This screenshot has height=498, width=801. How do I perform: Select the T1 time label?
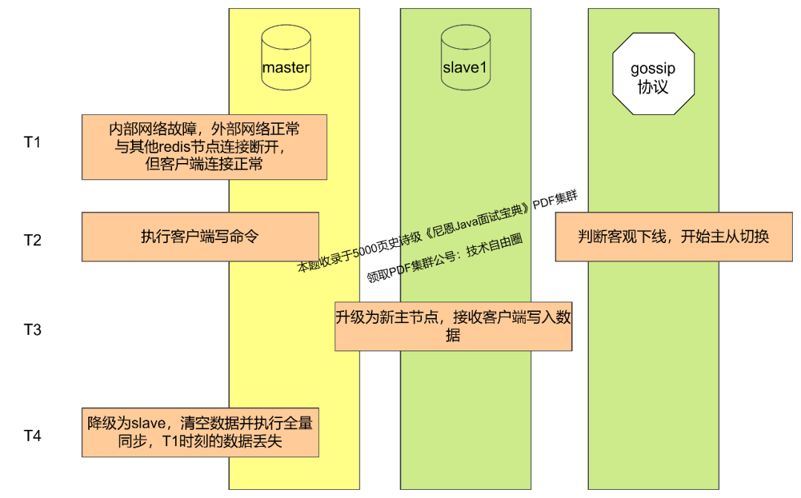click(x=32, y=142)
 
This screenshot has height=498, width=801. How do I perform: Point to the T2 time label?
click(x=32, y=240)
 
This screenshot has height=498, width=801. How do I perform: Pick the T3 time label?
click(x=32, y=329)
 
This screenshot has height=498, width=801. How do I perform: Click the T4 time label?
click(x=32, y=435)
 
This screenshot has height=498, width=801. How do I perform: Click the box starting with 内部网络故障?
click(x=204, y=147)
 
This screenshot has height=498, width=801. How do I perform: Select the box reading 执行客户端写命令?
click(x=200, y=236)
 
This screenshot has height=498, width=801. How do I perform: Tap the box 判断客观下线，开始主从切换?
click(x=673, y=236)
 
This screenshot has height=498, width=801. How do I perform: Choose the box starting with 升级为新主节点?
click(x=453, y=326)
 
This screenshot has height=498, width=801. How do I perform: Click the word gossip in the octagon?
click(x=653, y=69)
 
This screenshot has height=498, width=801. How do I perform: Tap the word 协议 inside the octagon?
click(x=653, y=87)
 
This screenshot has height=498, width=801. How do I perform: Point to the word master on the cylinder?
click(x=286, y=67)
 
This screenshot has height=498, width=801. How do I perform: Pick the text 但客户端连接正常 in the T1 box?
click(x=204, y=164)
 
